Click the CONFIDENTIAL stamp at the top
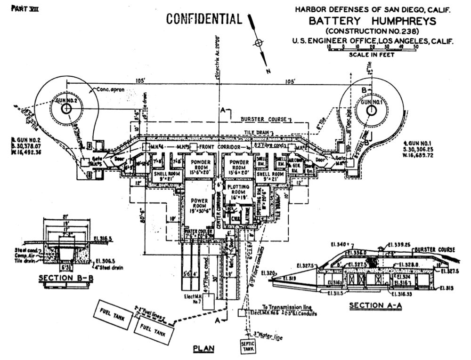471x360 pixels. point(204,19)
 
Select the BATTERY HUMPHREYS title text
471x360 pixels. point(372,21)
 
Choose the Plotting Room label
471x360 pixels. point(238,192)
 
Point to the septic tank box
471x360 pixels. point(247,346)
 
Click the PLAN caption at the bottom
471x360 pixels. point(204,349)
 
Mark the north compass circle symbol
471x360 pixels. point(257,43)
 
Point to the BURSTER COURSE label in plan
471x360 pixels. point(264,120)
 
